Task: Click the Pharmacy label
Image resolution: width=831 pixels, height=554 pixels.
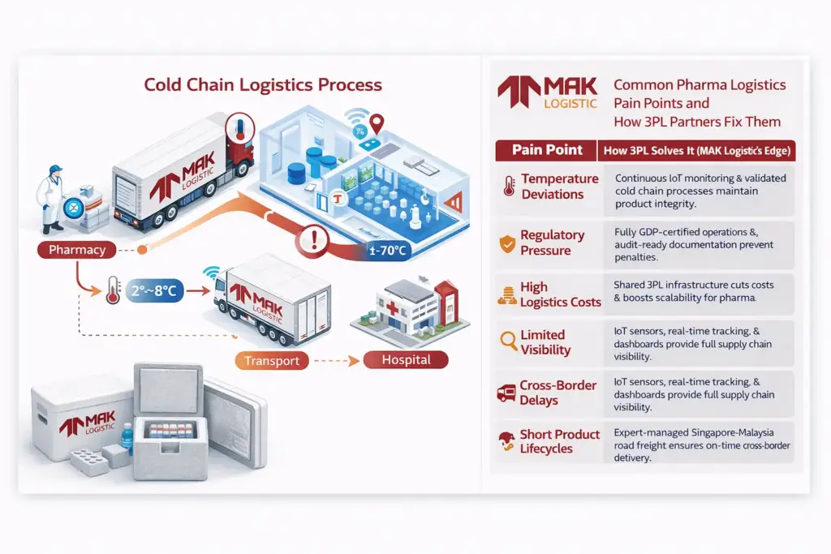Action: pyautogui.click(x=77, y=250)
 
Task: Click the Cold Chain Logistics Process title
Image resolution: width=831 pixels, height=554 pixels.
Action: pyautogui.click(x=263, y=84)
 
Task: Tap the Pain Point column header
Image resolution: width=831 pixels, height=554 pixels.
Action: pyautogui.click(x=547, y=150)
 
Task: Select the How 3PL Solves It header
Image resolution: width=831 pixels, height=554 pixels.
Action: pyautogui.click(x=697, y=150)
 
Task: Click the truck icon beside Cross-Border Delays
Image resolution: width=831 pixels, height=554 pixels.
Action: pyautogui.click(x=507, y=393)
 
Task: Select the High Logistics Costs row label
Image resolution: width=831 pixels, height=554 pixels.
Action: pyautogui.click(x=561, y=294)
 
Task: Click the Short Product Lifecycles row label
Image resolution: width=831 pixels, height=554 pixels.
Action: pyautogui.click(x=559, y=441)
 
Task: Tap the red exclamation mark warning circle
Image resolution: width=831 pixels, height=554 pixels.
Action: pyautogui.click(x=313, y=240)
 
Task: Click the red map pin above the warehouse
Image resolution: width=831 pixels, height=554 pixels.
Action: pyautogui.click(x=376, y=124)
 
